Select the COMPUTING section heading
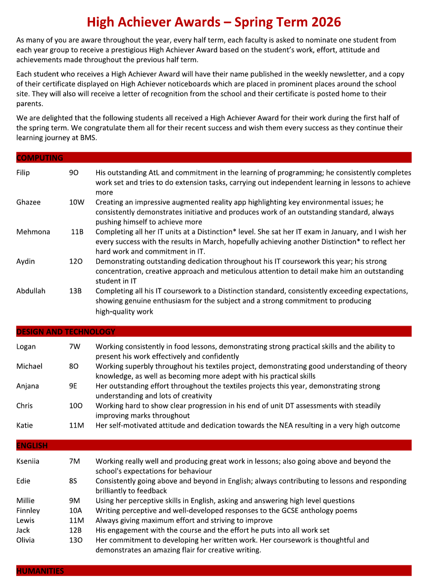coord(40,158)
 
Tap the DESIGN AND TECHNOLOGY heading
coord(66,332)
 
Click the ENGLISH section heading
coord(32,445)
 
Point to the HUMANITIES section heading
coord(40,571)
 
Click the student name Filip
coord(23,173)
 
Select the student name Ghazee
coord(28,202)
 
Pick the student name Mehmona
coord(33,232)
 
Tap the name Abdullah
coord(31,291)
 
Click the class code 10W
coord(77,202)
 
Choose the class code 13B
coord(75,291)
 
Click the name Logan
coord(26,347)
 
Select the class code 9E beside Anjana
coord(73,386)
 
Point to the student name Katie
coord(25,425)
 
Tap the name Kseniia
coord(28,461)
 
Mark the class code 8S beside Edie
coord(73,481)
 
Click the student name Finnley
coord(28,511)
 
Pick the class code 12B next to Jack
coord(75,530)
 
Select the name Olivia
coord(25,540)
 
